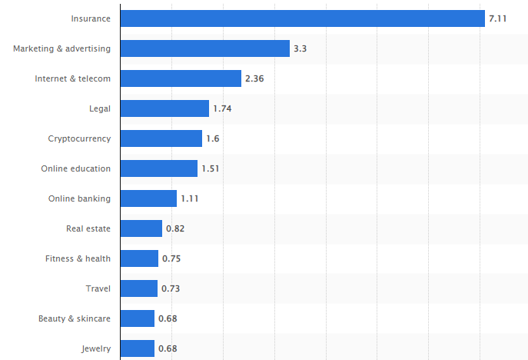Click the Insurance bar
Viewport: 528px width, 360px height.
click(303, 18)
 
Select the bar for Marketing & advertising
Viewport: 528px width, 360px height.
click(204, 48)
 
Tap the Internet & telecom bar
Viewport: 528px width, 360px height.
click(181, 78)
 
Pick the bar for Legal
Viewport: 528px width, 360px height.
click(164, 108)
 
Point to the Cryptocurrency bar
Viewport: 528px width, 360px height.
click(161, 138)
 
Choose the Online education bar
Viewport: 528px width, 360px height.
click(159, 168)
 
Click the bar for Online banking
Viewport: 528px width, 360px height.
click(148, 198)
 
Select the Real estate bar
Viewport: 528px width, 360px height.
click(141, 228)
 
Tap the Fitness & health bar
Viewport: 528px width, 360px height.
click(139, 258)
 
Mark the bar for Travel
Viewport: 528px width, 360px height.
click(139, 288)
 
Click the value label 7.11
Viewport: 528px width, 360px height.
click(499, 18)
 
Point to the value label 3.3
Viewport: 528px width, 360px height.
click(301, 48)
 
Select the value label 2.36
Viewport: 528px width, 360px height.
click(254, 78)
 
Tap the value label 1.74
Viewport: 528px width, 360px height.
click(222, 108)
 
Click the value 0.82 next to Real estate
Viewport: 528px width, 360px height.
click(174, 228)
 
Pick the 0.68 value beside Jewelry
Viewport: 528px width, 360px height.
click(168, 348)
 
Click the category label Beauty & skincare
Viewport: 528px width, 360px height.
click(75, 318)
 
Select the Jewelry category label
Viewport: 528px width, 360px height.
click(96, 348)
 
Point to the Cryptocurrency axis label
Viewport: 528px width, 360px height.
click(79, 138)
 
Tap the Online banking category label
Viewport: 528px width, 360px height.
click(79, 198)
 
